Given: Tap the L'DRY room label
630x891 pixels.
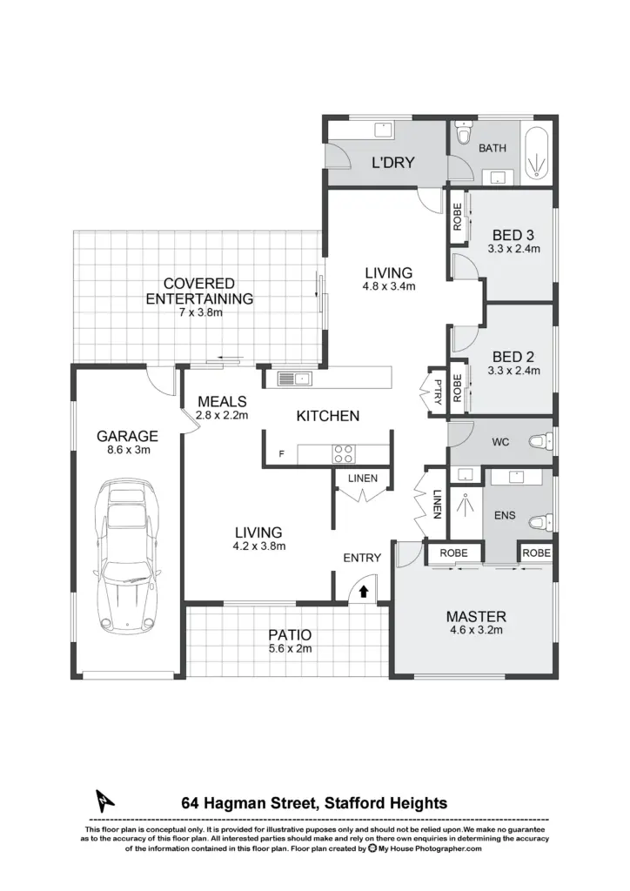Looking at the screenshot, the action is [393, 163].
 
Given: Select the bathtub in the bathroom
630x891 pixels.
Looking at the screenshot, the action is [536, 155].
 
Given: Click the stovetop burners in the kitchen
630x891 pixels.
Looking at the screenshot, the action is [343, 453].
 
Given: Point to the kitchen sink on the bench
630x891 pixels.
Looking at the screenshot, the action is [294, 379].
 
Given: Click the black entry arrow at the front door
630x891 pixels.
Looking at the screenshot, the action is [364, 592].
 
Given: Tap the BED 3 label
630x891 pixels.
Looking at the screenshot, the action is [513, 235].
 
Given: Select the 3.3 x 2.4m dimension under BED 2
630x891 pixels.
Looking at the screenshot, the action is [513, 371].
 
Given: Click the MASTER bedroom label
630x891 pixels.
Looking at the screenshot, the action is [476, 617].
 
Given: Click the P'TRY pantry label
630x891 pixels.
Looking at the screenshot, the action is [438, 392].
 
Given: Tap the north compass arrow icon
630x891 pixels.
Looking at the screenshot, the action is [104, 801].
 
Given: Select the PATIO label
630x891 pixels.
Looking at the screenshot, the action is [290, 634].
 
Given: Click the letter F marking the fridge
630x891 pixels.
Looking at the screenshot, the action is [281, 454].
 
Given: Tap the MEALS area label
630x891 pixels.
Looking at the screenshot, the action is [222, 402].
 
